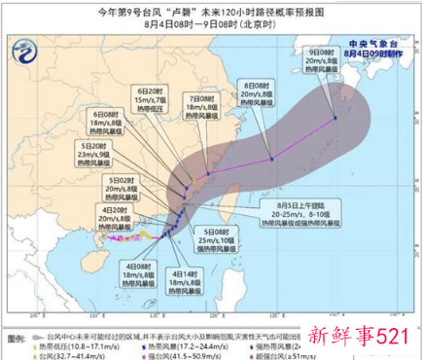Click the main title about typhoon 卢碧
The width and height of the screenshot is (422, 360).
211,12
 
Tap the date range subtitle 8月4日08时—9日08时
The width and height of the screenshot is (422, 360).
210,26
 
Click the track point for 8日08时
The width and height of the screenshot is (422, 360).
272,159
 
